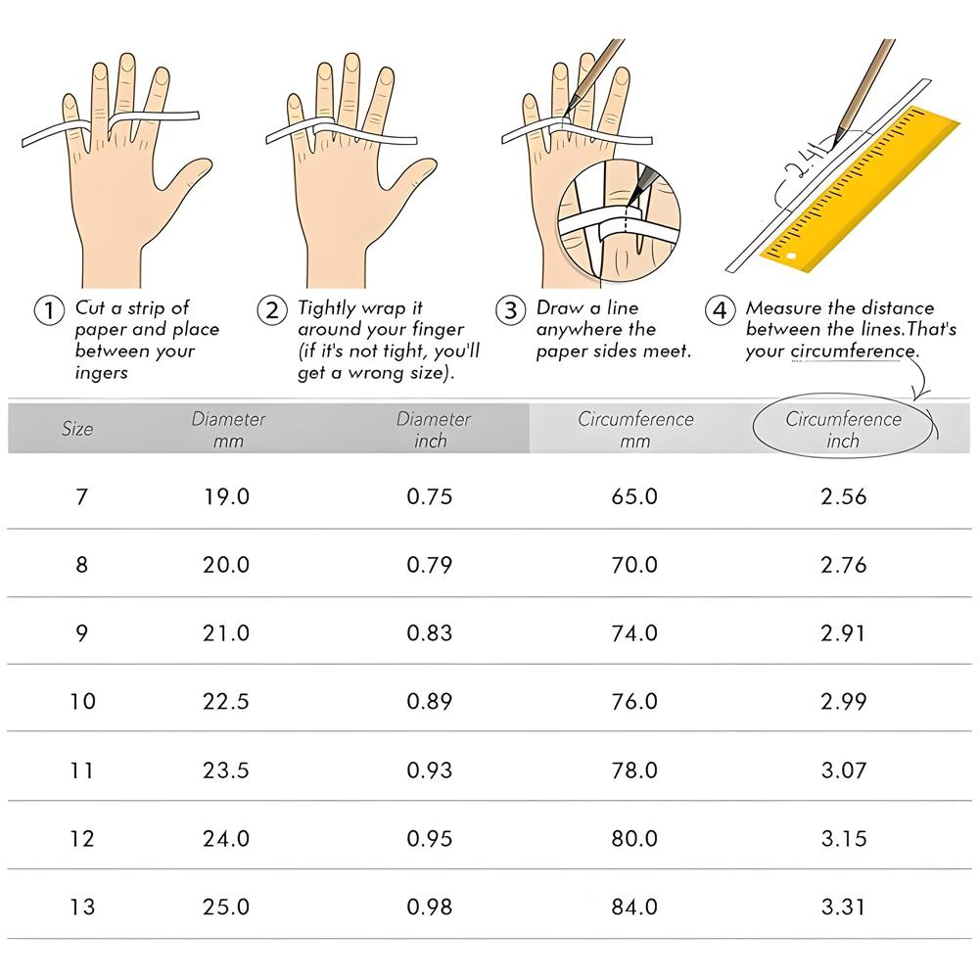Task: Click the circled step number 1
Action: click(49, 310)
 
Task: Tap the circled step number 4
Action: click(720, 310)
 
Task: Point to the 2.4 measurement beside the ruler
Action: click(803, 163)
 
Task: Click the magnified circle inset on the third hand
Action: click(618, 221)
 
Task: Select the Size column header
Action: click(77, 429)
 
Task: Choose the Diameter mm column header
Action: click(228, 429)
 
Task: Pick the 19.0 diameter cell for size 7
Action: click(226, 497)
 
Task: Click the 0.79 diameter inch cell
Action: click(430, 565)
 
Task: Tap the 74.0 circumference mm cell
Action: click(634, 633)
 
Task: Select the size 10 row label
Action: click(82, 701)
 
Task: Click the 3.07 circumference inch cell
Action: click(844, 769)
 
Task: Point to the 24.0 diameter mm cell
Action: click(226, 839)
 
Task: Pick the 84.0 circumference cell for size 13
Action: click(634, 907)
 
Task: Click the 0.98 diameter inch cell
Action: click(430, 907)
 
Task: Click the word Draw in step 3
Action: click(559, 307)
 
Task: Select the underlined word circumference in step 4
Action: click(853, 351)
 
